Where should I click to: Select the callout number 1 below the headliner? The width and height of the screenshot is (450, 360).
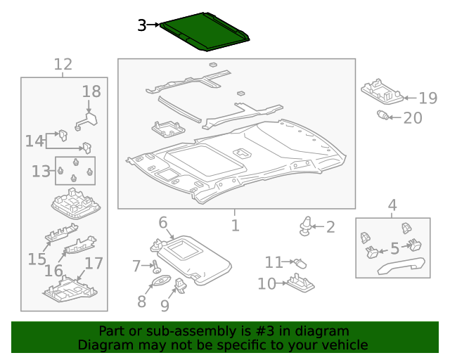click(x=235, y=226)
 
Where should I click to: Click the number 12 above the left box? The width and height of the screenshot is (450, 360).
click(x=63, y=65)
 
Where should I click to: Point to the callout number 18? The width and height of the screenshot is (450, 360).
click(x=91, y=91)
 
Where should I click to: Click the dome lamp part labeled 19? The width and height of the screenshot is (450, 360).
click(x=382, y=92)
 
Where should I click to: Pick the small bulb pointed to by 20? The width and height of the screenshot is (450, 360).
click(x=383, y=115)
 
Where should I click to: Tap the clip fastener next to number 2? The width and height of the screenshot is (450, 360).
click(x=305, y=224)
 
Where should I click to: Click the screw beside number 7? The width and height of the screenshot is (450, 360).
click(x=155, y=267)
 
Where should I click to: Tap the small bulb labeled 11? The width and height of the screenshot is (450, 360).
click(x=300, y=262)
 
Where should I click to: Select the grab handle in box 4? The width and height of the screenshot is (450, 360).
click(x=401, y=266)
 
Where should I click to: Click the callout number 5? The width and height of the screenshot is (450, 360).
click(x=394, y=248)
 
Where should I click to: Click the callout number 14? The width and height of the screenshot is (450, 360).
click(x=34, y=141)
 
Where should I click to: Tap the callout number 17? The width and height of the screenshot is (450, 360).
click(x=94, y=264)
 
